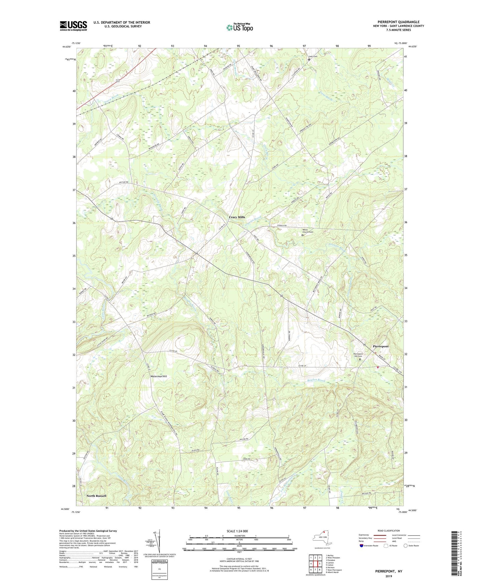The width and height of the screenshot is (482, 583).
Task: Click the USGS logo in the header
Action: [x=73, y=25]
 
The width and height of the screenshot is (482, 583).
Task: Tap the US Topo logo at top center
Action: [x=239, y=27]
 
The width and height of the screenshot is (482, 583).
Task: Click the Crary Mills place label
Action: [x=237, y=217]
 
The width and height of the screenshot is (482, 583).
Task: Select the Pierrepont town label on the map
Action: [x=381, y=346]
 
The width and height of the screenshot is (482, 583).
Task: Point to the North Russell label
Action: [x=96, y=496]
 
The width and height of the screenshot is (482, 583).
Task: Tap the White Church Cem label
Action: [x=307, y=231]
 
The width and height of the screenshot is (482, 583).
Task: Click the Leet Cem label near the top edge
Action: [x=313, y=56]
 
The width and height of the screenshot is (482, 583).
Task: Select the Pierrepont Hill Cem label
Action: [x=358, y=355]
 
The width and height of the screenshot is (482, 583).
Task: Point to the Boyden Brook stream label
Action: [x=317, y=380]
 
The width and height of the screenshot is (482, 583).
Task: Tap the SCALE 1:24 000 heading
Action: [x=237, y=531]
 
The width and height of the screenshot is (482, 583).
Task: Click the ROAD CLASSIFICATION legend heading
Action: [x=389, y=531]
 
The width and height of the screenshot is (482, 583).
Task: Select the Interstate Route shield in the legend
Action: [x=362, y=546]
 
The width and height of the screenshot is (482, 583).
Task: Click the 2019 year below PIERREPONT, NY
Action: [x=389, y=576]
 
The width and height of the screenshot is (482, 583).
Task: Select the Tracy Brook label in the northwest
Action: [x=111, y=96]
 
